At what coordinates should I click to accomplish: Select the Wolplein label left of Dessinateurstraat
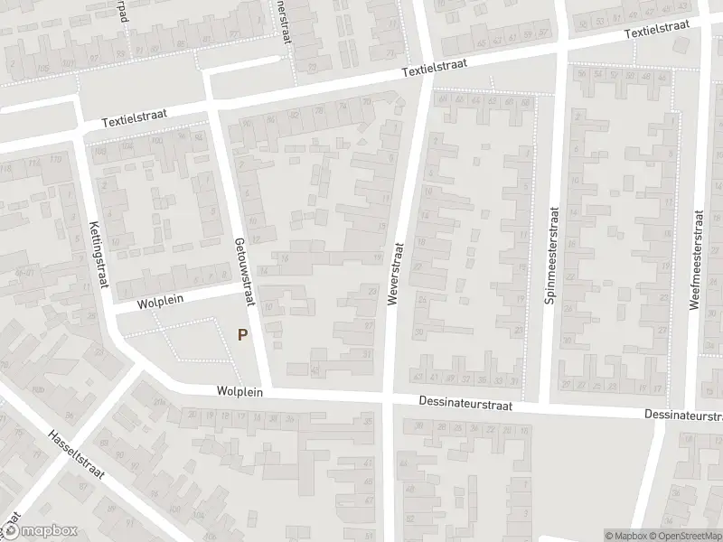tap(239, 391)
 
